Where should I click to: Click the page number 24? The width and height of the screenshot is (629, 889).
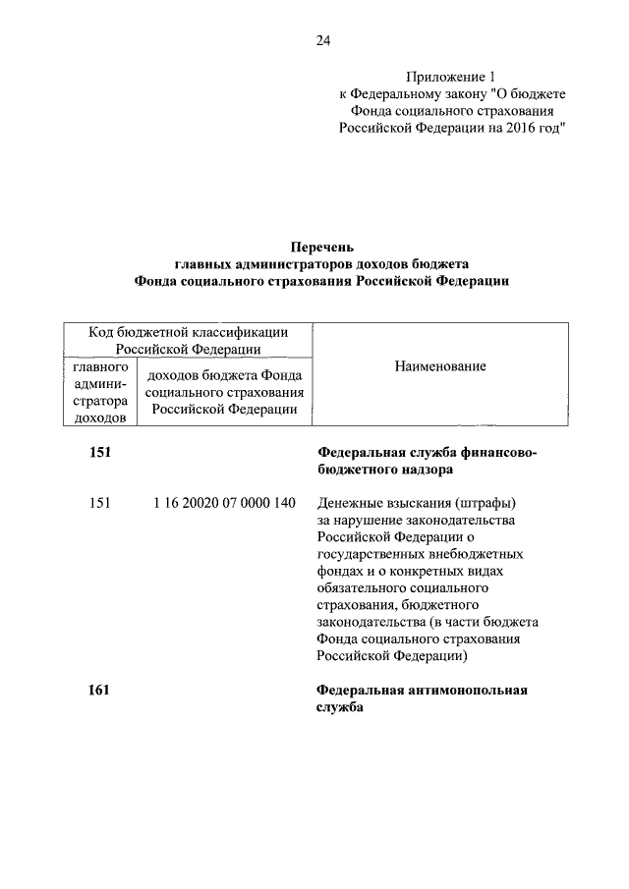coord(323,40)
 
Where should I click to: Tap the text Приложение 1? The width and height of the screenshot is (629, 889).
coord(447,76)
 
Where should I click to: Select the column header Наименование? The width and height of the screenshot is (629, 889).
coord(440,366)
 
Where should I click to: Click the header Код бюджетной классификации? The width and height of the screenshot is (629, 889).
coord(188,332)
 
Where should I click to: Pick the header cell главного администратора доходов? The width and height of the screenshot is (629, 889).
coord(99,391)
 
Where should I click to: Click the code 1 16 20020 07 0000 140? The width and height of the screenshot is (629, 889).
coord(224,503)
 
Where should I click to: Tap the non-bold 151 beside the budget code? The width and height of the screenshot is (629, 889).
coord(99,503)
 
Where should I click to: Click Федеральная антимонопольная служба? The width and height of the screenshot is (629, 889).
coord(422,698)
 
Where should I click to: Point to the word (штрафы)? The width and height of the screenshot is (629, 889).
coord(482,503)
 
